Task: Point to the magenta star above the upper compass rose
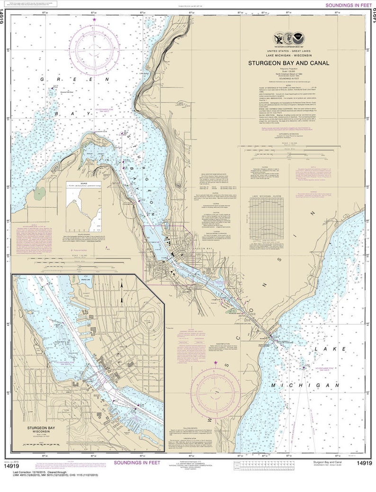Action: tap(95, 19)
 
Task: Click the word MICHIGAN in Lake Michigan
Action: tap(306, 386)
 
